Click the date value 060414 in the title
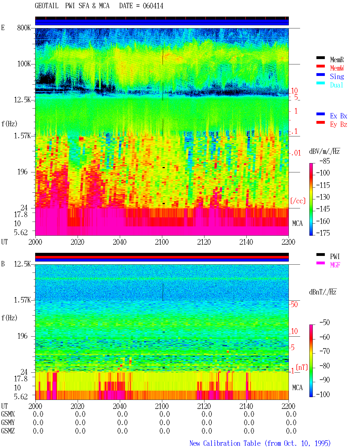click(153, 6)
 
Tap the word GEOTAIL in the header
click(47, 6)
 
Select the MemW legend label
click(337, 68)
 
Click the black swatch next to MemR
click(320, 58)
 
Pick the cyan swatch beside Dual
click(320, 83)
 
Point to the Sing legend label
click(337, 76)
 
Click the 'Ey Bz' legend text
click(339, 125)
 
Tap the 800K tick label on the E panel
click(24, 28)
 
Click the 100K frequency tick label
click(24, 64)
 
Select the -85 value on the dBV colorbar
click(325, 161)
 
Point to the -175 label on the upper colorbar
click(323, 233)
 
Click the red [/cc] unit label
click(298, 201)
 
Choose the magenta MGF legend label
click(335, 265)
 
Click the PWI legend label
click(335, 256)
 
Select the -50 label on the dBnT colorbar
click(325, 323)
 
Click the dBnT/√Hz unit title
click(323, 292)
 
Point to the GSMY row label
click(8, 422)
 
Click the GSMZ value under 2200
click(291, 431)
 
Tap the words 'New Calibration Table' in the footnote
click(225, 443)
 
